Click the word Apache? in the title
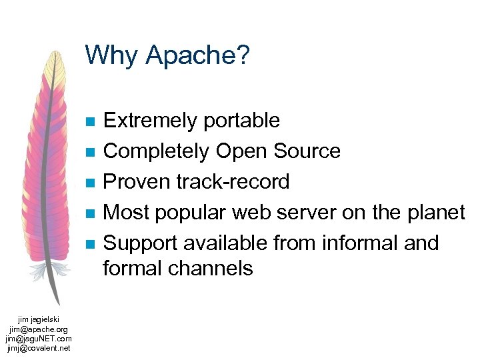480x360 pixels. (198, 56)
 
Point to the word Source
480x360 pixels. (307, 151)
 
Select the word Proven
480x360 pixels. (137, 182)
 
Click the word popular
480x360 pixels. (194, 213)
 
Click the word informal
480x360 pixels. (360, 243)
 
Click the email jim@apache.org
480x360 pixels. (39, 329)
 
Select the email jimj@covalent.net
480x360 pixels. (39, 347)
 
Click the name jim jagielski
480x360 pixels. (39, 320)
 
